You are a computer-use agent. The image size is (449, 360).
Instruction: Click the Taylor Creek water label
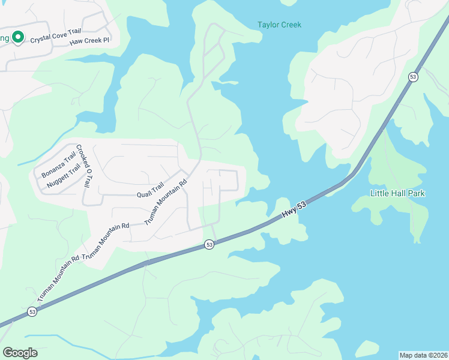click(279, 25)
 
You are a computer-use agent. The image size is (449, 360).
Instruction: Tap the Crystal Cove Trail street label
click(55, 37)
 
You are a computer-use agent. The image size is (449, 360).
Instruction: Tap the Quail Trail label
click(150, 191)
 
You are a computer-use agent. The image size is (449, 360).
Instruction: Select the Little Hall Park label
click(397, 193)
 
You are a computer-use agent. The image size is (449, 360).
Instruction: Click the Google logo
click(20, 352)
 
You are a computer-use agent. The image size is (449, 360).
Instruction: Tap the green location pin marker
click(18, 37)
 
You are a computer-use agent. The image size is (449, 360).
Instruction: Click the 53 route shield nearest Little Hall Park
click(412, 77)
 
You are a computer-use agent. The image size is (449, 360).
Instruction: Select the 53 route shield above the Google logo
click(32, 312)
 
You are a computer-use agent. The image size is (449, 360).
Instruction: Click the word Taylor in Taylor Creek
click(268, 25)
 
